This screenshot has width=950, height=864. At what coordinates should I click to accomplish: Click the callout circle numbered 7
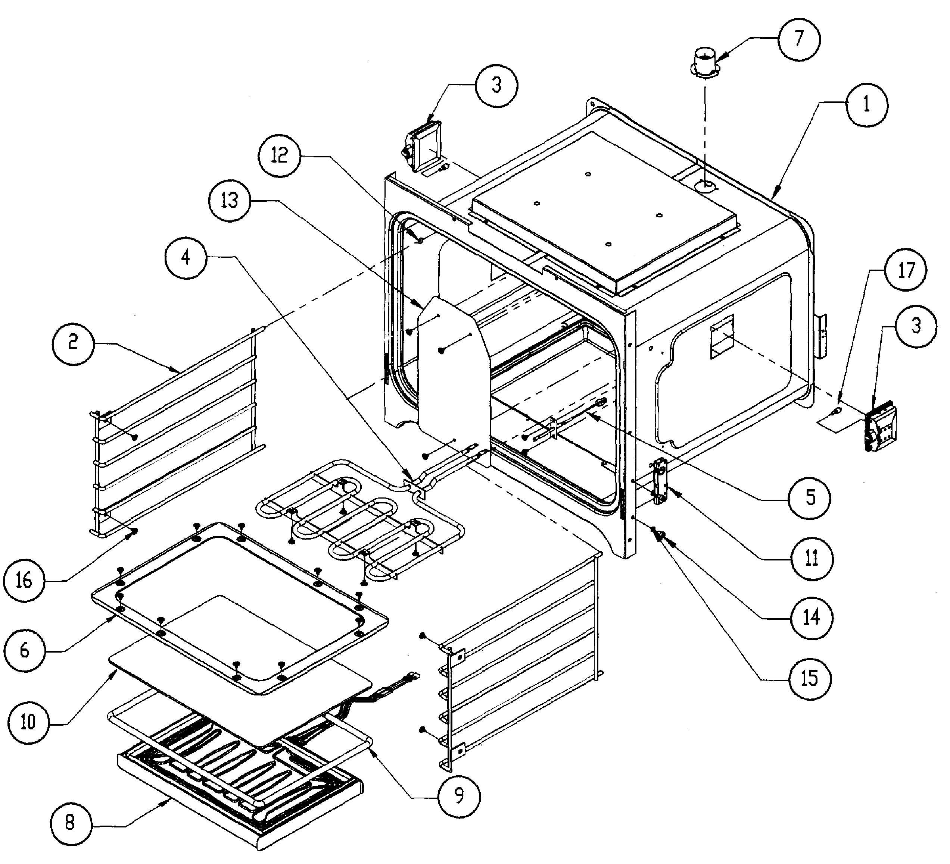pos(798,39)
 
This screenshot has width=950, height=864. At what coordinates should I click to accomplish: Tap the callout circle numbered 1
pos(866,105)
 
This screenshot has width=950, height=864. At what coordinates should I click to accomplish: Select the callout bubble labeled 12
pos(280,155)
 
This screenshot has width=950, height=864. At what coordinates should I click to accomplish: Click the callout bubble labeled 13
pos(230,200)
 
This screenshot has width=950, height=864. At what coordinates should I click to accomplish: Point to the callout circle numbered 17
pos(905,270)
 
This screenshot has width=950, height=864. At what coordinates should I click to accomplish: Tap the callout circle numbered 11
pos(812,559)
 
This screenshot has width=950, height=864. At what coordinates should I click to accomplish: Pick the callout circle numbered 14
pos(812,618)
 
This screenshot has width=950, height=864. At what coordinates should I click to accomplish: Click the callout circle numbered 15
pos(810,679)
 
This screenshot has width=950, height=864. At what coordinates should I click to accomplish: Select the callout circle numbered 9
pos(459,795)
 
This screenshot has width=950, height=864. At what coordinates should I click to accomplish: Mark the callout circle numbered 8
pos(70,823)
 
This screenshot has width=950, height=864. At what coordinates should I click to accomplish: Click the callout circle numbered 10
pos(29,722)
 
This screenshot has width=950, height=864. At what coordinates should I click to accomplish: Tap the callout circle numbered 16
pos(24,581)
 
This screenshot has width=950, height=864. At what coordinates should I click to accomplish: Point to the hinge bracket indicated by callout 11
pos(660,482)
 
